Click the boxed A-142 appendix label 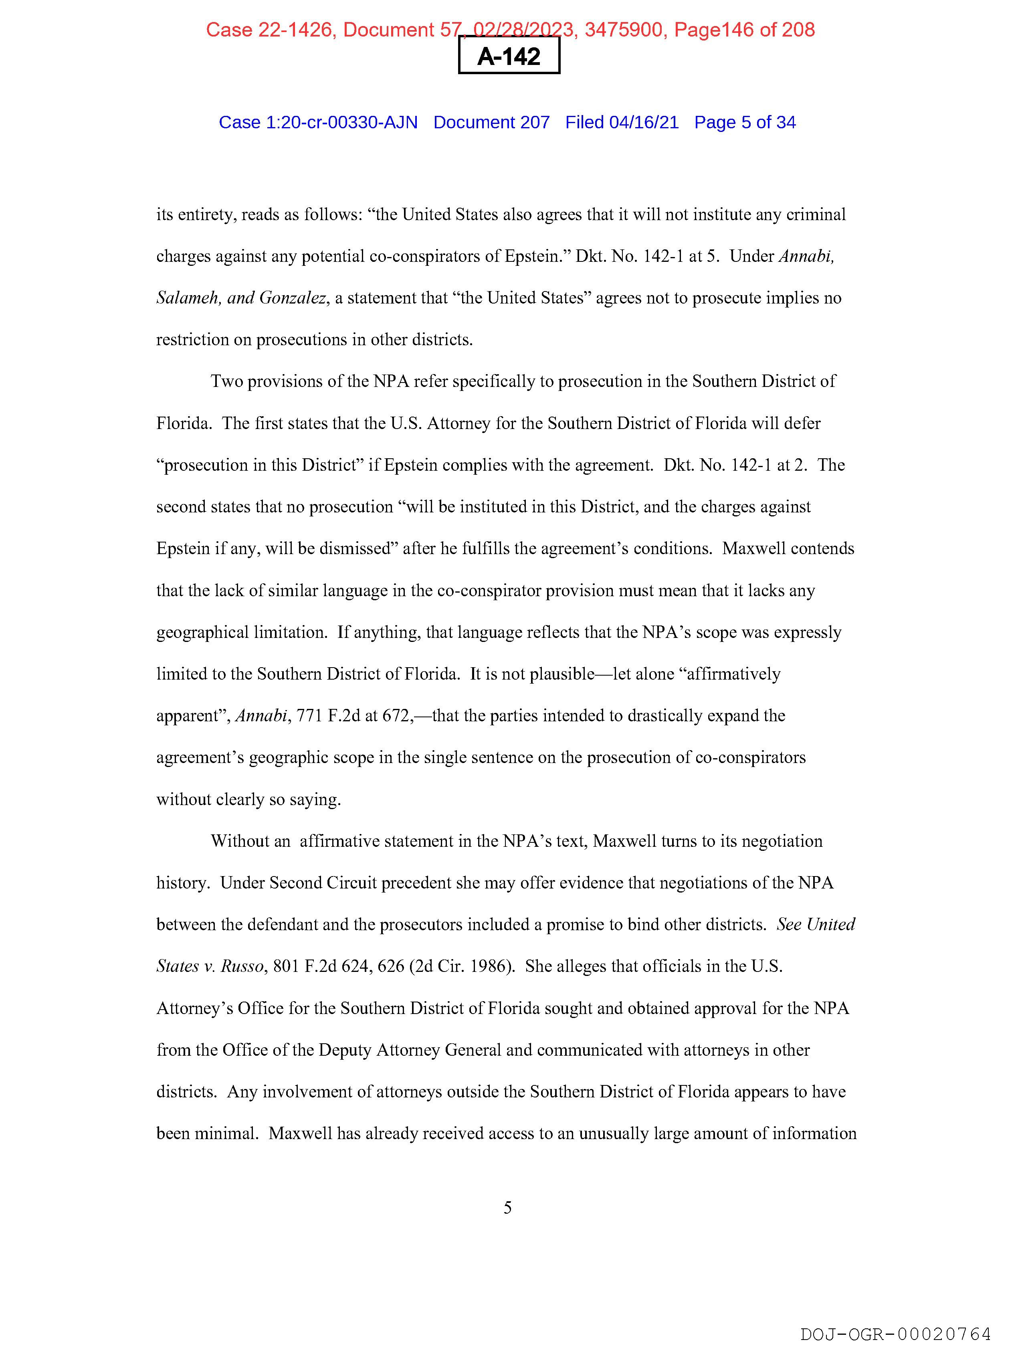point(509,56)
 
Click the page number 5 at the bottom point(507,1207)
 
